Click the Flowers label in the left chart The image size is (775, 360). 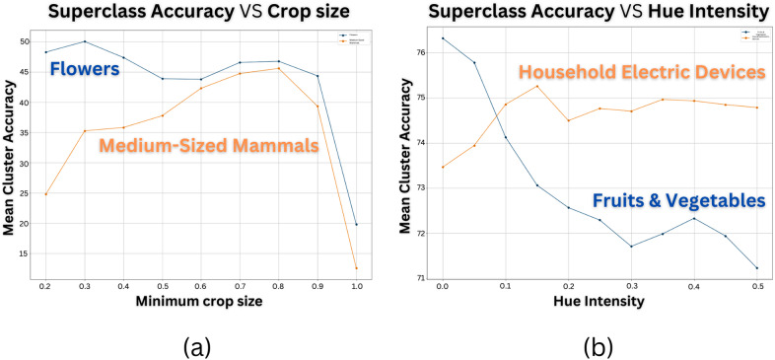coord(86,70)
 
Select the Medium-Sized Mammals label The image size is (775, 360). coord(208,147)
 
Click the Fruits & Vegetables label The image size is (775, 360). coord(679,200)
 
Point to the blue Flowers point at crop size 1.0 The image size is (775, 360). coord(356,224)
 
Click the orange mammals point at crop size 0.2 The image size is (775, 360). coord(46,193)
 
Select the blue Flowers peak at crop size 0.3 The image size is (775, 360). coord(85,41)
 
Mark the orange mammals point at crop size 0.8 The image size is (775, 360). coord(279,68)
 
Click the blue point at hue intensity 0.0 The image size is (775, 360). coord(443,38)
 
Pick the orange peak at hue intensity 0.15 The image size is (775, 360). coord(537,86)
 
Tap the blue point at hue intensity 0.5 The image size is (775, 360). coord(757,267)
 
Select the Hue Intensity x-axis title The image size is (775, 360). coord(599,299)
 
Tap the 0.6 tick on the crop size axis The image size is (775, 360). coord(201,285)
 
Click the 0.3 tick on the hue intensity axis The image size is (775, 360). coord(631,285)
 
